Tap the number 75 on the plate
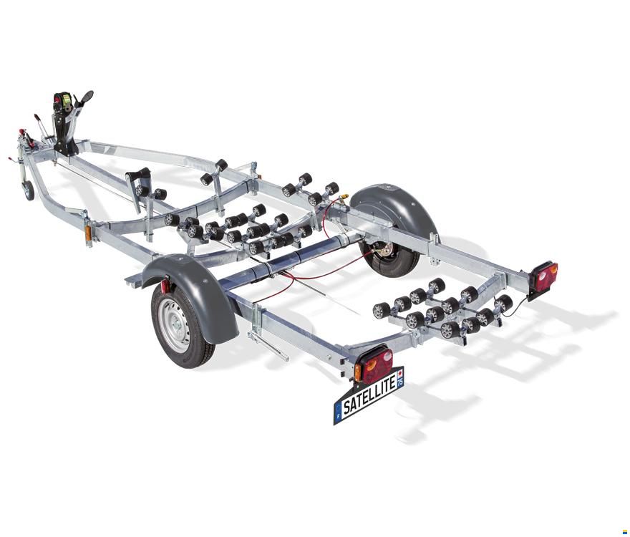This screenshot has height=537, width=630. click(x=399, y=382)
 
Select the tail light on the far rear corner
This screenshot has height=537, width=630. click(x=544, y=274)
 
